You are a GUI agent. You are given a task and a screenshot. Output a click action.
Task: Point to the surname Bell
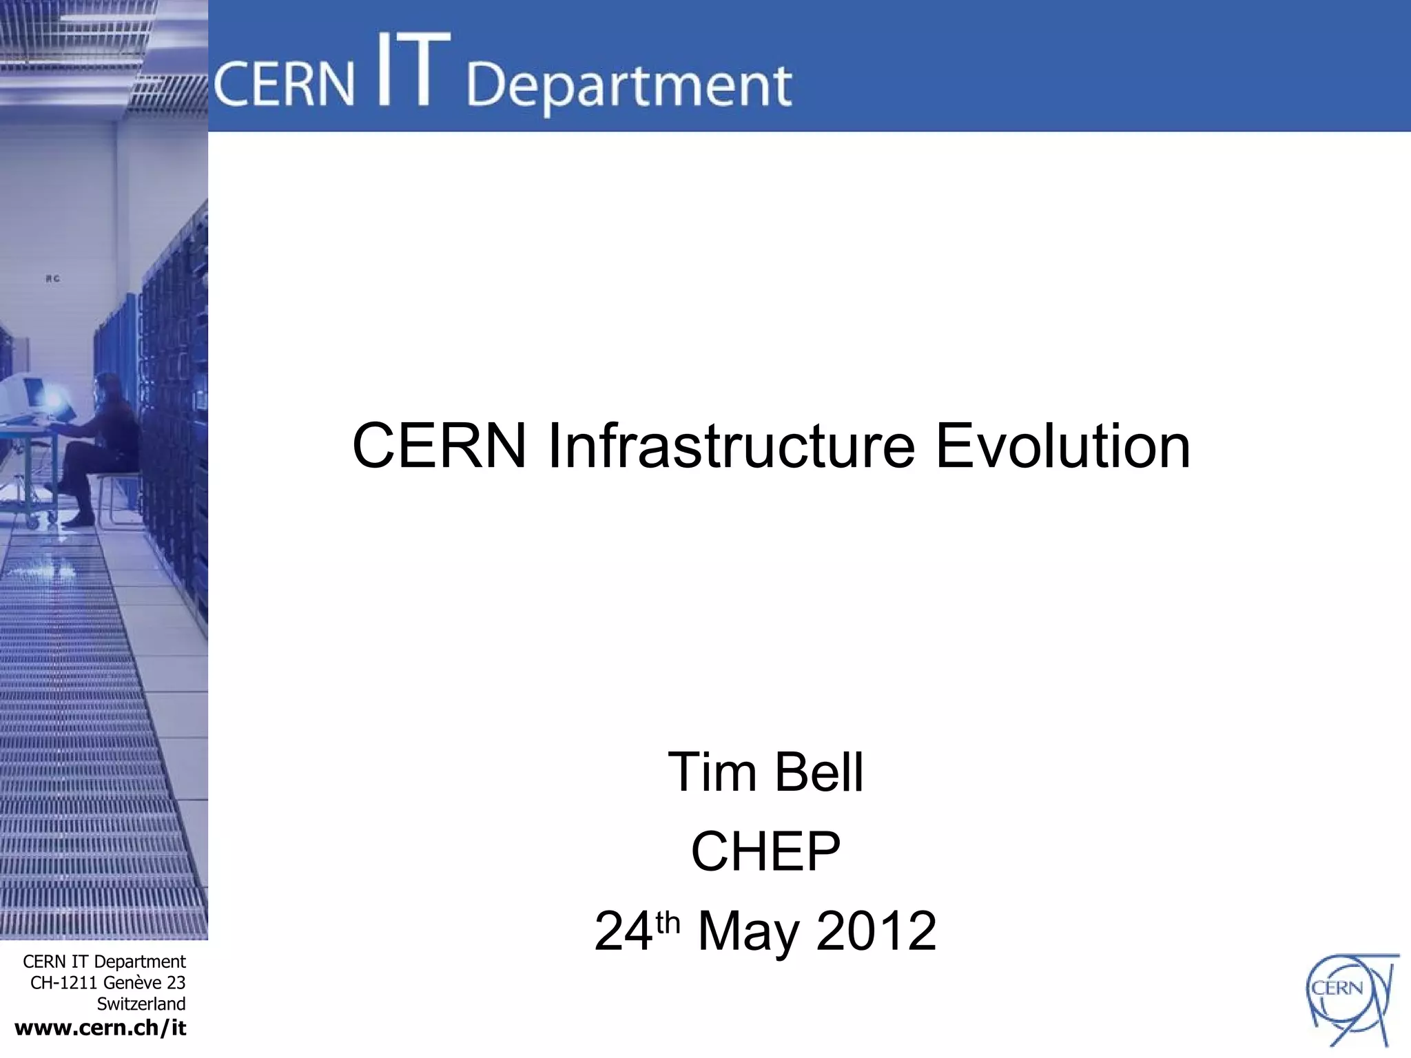819,772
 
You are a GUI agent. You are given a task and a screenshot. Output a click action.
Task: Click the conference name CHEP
765,851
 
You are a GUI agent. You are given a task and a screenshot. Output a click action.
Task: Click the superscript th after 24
668,922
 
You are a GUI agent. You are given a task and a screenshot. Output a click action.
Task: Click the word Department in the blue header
629,87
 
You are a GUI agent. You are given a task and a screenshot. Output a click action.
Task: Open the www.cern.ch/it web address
101,1028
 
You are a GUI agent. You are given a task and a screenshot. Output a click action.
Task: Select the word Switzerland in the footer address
141,1004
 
